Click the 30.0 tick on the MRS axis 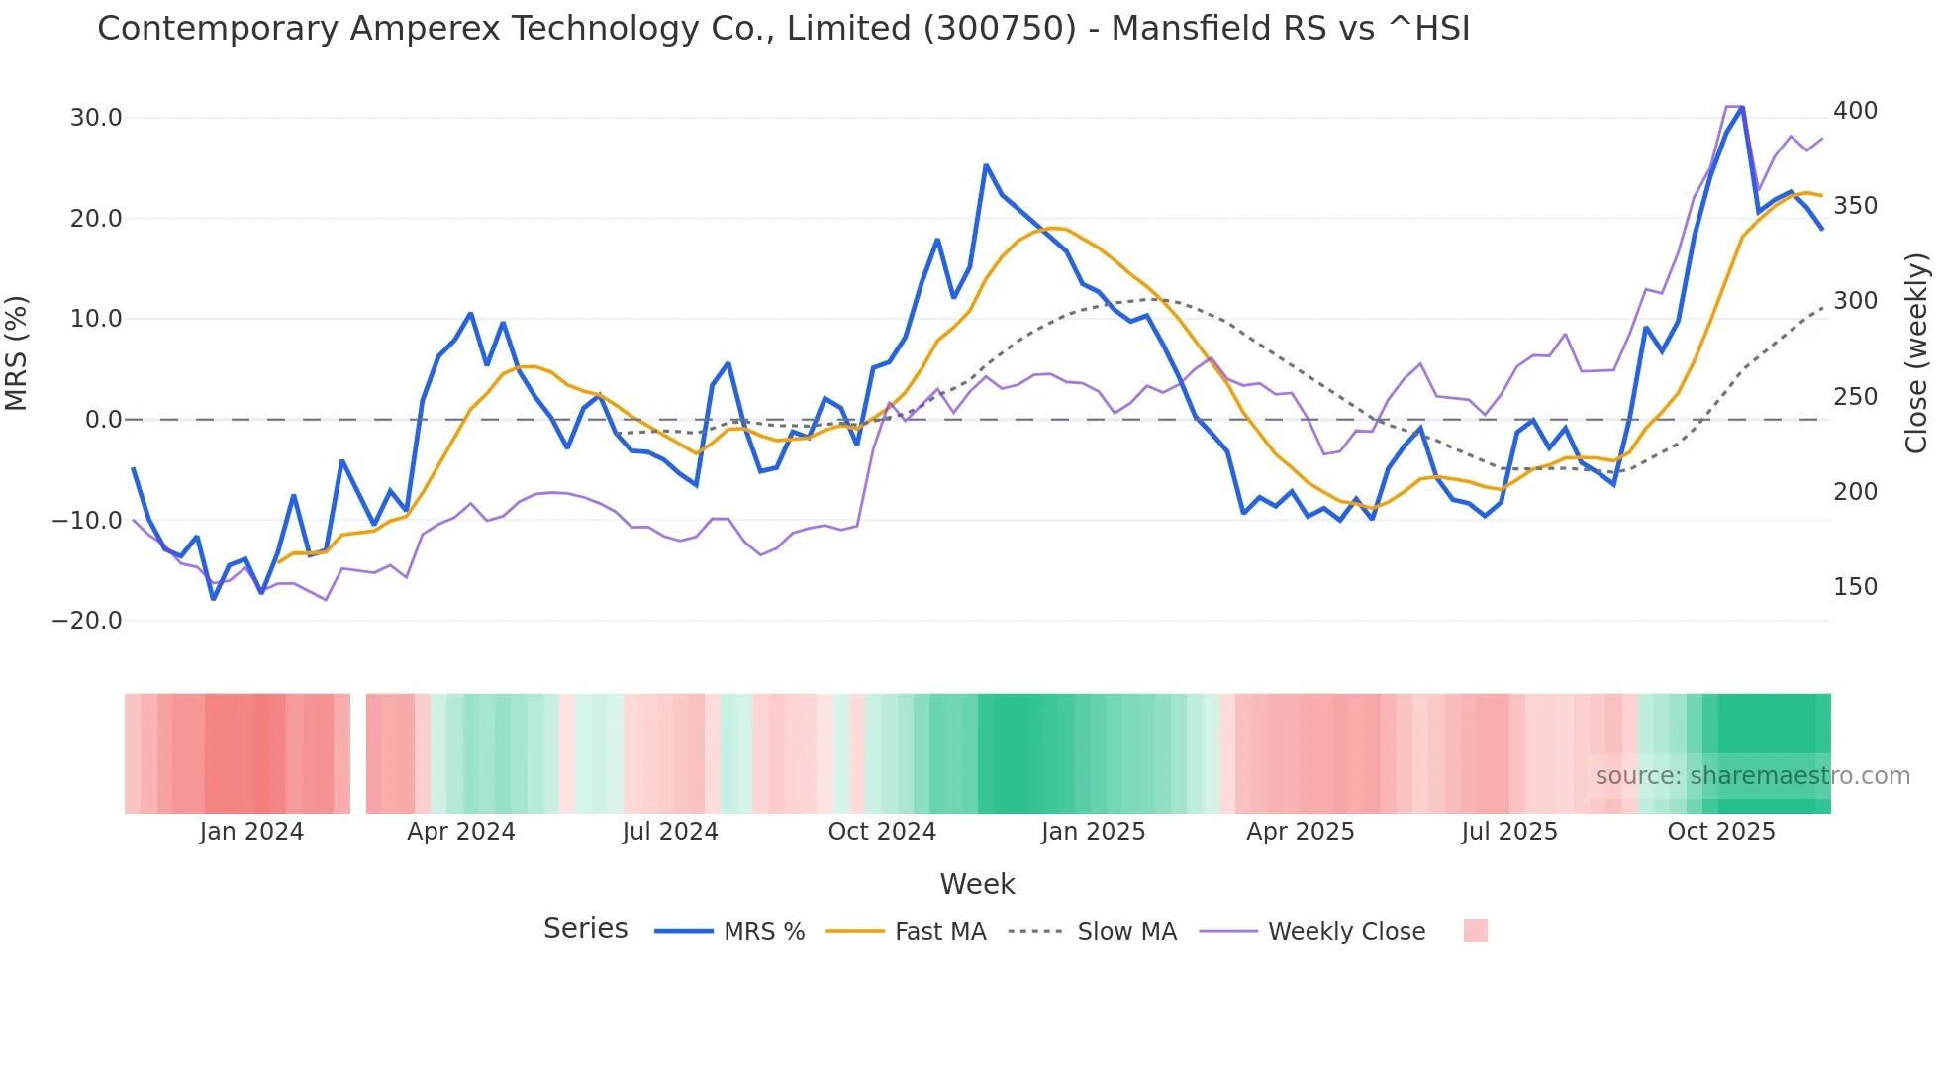point(95,118)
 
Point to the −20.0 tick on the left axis point(87,621)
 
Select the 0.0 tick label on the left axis point(103,420)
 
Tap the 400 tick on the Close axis point(1855,111)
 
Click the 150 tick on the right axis point(1855,587)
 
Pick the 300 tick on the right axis point(1855,301)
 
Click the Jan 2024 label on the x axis point(251,832)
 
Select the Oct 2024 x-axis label point(882,832)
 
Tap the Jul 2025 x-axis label point(1509,832)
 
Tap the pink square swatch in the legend point(1475,931)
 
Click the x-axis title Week point(977,884)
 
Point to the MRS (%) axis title point(17,352)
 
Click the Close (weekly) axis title point(1916,353)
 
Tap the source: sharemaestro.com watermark point(1752,776)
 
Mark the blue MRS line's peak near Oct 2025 point(1742,107)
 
